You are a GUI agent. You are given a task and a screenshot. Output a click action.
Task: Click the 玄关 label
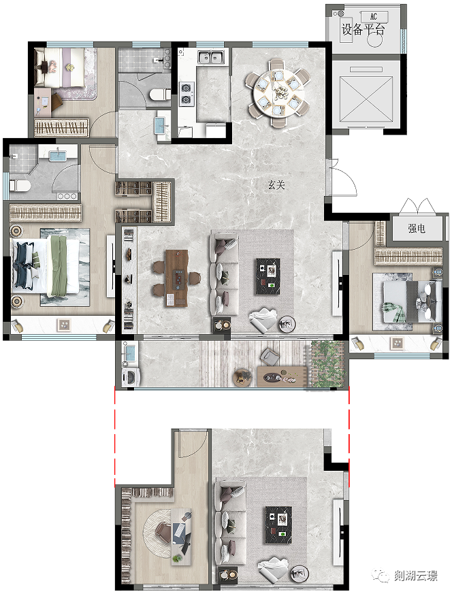click(x=276, y=185)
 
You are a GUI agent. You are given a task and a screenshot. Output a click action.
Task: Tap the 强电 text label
click(x=417, y=229)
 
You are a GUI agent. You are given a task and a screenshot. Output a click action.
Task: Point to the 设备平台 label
click(x=364, y=29)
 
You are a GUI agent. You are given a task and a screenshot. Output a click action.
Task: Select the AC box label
click(x=374, y=17)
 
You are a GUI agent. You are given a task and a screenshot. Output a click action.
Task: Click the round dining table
click(x=278, y=92)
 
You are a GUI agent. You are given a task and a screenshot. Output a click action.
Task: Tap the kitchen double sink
click(x=210, y=57)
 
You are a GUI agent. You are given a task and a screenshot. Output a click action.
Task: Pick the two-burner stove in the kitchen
click(x=187, y=93)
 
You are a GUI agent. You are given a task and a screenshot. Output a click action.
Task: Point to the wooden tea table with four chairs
click(x=176, y=278)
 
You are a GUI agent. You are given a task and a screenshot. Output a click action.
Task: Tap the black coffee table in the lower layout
click(x=278, y=525)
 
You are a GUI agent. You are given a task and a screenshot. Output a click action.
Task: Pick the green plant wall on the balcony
click(x=327, y=364)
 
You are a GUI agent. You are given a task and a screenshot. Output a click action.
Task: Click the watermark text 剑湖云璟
click(x=415, y=576)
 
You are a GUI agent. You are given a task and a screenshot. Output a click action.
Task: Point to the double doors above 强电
click(x=417, y=205)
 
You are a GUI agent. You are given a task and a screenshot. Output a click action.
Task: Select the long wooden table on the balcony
click(x=282, y=376)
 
